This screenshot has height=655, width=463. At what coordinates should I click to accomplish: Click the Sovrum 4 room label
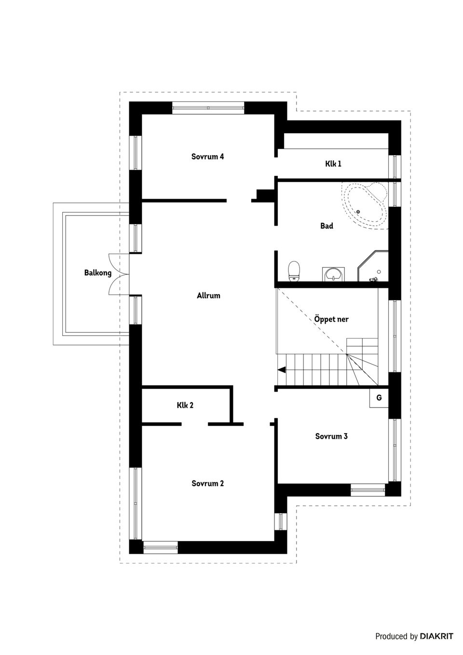[207, 157]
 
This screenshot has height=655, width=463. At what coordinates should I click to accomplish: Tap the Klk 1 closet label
[333, 164]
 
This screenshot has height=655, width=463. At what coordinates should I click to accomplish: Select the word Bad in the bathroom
[327, 226]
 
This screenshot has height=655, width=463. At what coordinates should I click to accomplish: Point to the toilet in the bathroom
[293, 271]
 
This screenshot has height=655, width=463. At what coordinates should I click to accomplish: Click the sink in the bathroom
[333, 274]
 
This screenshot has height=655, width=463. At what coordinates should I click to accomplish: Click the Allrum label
[208, 296]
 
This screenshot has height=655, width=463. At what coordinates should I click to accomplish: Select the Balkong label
[98, 273]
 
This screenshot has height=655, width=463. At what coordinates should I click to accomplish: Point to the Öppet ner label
[331, 319]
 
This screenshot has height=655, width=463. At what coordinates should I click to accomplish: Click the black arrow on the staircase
[281, 370]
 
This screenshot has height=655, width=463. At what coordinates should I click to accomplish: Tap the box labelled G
[379, 398]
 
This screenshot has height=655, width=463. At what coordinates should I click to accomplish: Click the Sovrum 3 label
[331, 437]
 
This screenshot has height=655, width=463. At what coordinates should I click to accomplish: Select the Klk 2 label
[185, 406]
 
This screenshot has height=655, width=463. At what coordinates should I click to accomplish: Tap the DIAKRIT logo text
[436, 636]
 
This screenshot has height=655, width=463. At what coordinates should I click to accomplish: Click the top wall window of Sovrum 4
[208, 107]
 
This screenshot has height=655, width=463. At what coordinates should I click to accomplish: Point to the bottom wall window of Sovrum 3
[368, 491]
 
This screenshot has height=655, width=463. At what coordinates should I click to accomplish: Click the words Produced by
[396, 637]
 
